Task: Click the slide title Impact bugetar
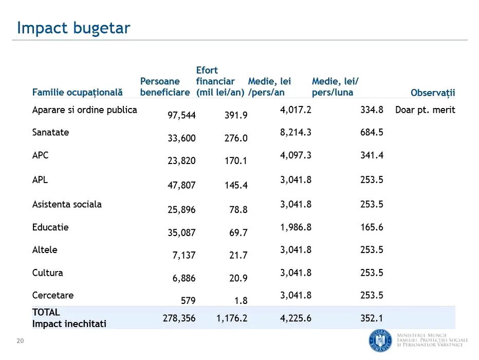point(73,28)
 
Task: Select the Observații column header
point(433,93)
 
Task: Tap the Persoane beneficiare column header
point(164,87)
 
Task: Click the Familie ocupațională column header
point(77,93)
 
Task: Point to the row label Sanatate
point(50,132)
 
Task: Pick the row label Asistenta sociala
point(67,204)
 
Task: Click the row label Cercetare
point(53,295)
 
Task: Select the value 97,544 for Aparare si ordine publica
point(181,115)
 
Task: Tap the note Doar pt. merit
point(425,110)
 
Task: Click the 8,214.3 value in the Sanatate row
point(296,132)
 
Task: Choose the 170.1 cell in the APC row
point(236,161)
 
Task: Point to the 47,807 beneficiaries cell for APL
point(181,185)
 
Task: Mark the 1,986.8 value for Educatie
point(296,227)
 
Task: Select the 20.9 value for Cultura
point(238,278)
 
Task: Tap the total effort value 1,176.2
point(232,318)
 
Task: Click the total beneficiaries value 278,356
point(179,318)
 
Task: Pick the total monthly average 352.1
point(372,318)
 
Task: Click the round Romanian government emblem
point(380,339)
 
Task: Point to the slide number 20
point(21,340)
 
